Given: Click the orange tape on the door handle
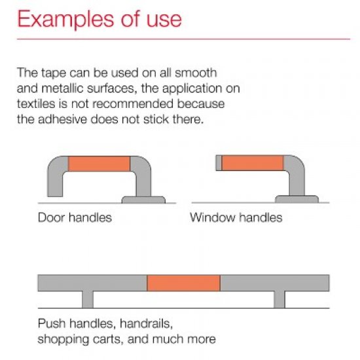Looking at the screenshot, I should pyautogui.click(x=99, y=164).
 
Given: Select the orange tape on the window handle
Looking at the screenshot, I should pyautogui.click(x=253, y=163).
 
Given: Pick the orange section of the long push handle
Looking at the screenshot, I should pyautogui.click(x=183, y=283).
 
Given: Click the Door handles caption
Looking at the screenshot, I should pyautogui.click(x=75, y=217).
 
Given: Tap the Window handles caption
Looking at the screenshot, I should pyautogui.click(x=236, y=217).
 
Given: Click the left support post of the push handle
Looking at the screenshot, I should pyautogui.click(x=88, y=298).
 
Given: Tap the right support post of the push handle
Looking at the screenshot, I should pyautogui.click(x=279, y=298).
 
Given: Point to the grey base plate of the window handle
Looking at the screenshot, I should pyautogui.click(x=297, y=198).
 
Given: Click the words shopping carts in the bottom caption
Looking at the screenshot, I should pyautogui.click(x=73, y=339).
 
